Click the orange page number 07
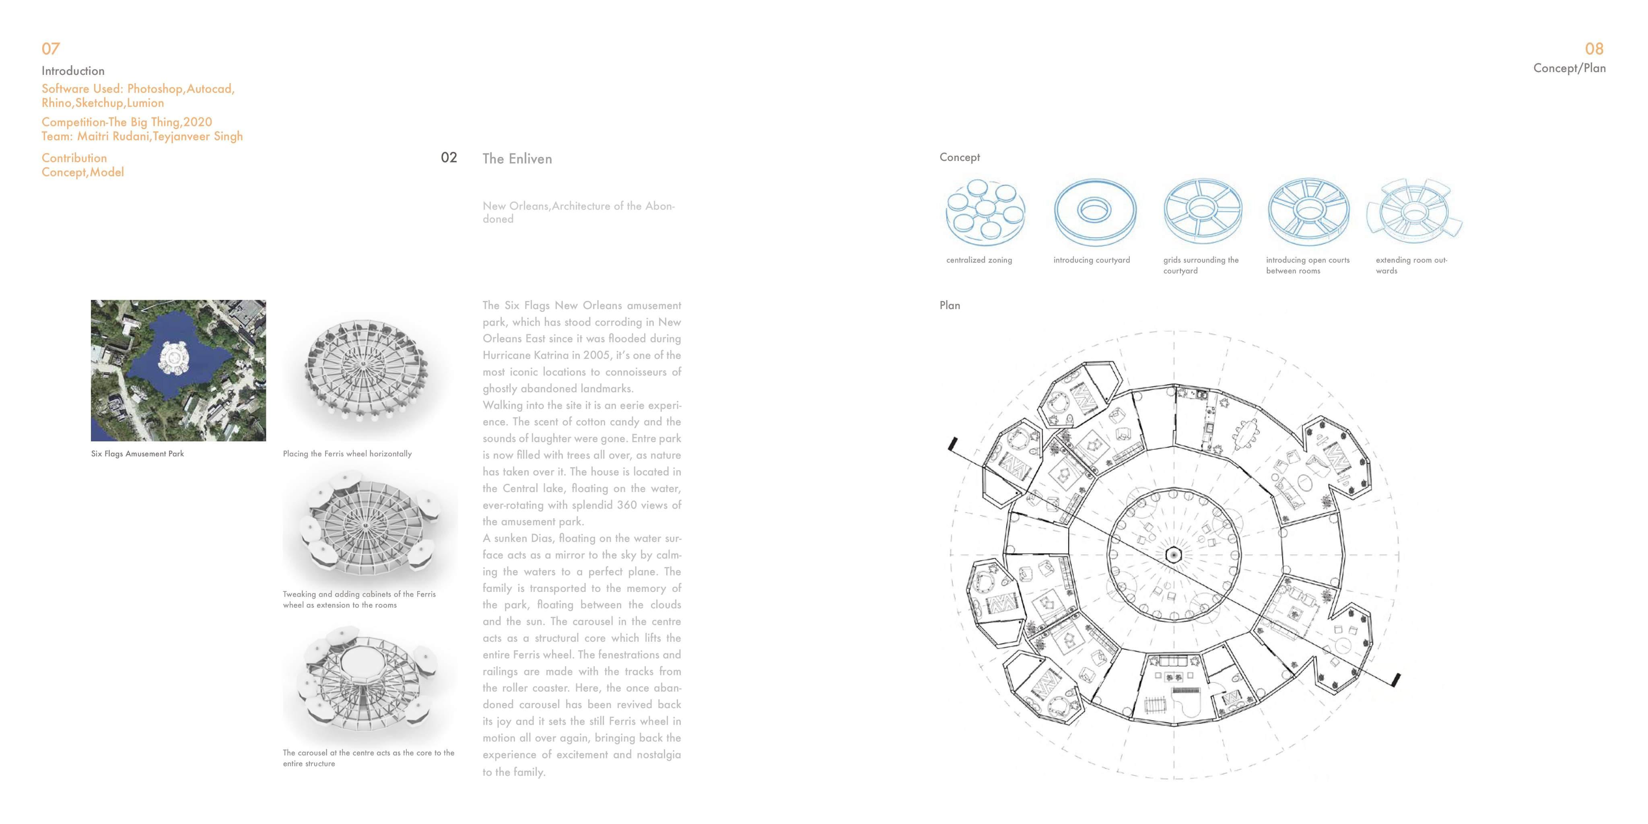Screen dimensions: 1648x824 (51, 49)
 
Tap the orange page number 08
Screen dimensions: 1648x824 (1594, 49)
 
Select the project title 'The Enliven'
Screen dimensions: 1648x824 (517, 159)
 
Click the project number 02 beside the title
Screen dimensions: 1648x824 (449, 157)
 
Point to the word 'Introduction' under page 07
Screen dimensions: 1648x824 (73, 70)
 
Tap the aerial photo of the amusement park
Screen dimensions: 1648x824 (178, 371)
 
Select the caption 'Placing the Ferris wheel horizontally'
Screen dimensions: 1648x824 (347, 453)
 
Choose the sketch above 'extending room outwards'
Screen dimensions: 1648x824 (1414, 212)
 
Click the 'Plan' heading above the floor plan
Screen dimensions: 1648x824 (950, 305)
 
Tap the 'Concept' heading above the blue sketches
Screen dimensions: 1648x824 (959, 157)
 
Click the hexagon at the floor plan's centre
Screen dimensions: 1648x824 (1173, 555)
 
